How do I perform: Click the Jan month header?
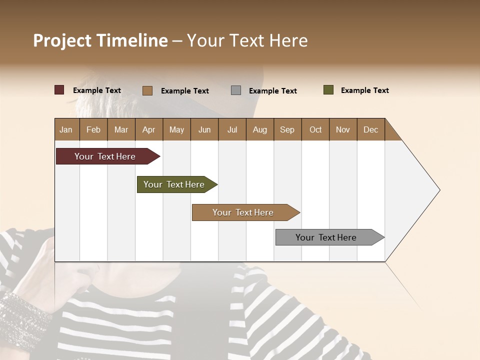coord(66,129)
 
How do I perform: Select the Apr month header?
coord(148,129)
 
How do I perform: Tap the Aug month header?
coord(259,129)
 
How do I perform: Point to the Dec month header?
coord(370,129)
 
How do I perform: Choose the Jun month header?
coord(204,129)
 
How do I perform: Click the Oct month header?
coord(315,129)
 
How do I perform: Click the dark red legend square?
coord(59,90)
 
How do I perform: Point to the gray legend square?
coord(236,90)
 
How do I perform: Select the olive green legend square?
coord(328,90)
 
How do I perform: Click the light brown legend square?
coord(147,90)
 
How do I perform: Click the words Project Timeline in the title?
coord(100,40)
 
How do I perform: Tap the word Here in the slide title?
coord(288,40)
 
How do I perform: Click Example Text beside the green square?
coord(364,90)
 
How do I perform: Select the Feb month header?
coord(93,129)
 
